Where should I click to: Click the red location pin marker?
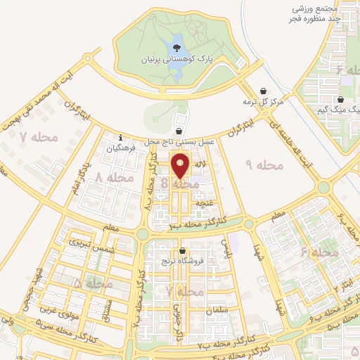181,167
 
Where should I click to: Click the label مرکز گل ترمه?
263,103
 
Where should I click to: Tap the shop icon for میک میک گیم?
341,100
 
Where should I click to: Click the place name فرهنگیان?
120,148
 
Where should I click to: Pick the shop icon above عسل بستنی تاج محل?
180,131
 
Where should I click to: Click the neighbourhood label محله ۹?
264,165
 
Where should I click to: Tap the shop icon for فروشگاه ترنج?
183,251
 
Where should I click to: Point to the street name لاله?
200,165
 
